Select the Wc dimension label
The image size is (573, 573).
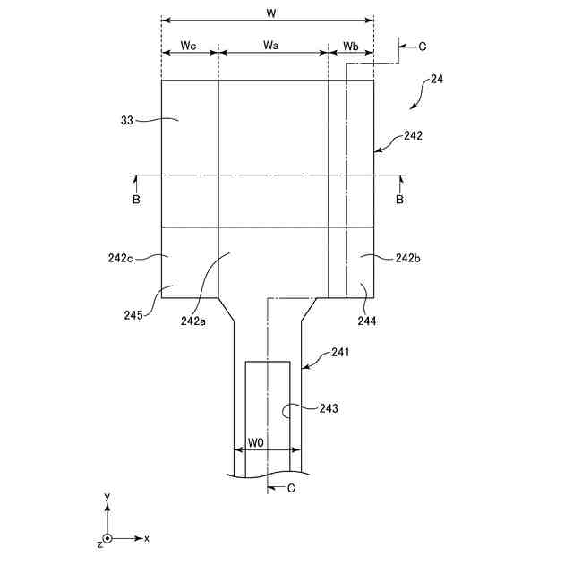pos(188,45)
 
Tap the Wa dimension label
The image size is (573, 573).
pos(273,45)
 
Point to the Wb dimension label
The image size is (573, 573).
pos(351,45)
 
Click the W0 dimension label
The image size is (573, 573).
pos(256,442)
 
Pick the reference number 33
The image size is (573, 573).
pos(126,119)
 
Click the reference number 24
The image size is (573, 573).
pos(437,79)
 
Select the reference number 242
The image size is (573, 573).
pos(413,136)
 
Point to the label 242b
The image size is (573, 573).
pos(409,258)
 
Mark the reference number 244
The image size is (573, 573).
pos(365,319)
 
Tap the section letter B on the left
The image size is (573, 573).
pos(136,200)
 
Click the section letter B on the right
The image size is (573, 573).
pos(399,200)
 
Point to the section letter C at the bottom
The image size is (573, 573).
pos(291,488)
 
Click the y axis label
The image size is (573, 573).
pos(107,496)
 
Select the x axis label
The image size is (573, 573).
pos(146,538)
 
